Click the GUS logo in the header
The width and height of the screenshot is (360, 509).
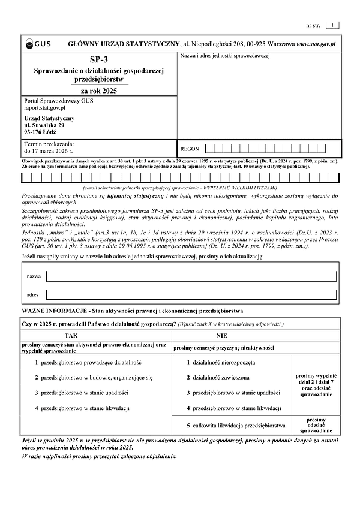click(38, 44)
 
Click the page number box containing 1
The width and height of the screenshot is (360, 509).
click(333, 25)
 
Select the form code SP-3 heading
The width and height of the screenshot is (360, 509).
click(100, 60)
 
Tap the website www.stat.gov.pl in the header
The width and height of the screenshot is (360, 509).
click(316, 44)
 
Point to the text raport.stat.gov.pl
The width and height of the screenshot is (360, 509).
click(44, 108)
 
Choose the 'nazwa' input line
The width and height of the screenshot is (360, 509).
click(191, 276)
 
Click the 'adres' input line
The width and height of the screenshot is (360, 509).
click(191, 295)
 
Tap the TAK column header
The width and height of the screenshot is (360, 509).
click(71, 336)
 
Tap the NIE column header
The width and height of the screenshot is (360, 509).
click(221, 336)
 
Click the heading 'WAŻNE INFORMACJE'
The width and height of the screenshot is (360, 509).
click(54, 312)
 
